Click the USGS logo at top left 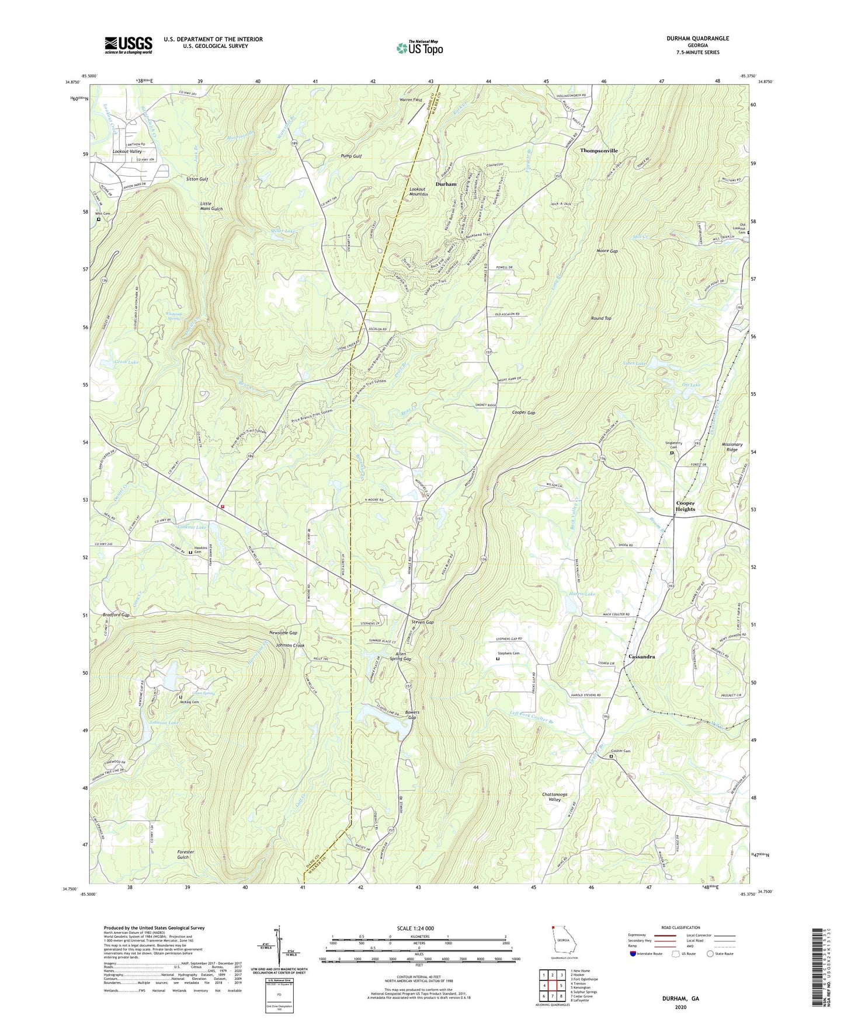(128, 45)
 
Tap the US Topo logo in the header (418, 48)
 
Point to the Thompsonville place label (599, 151)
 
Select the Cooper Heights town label (685, 506)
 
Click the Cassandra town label (641, 657)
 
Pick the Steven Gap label (422, 622)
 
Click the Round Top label (601, 318)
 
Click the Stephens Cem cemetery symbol (498, 659)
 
